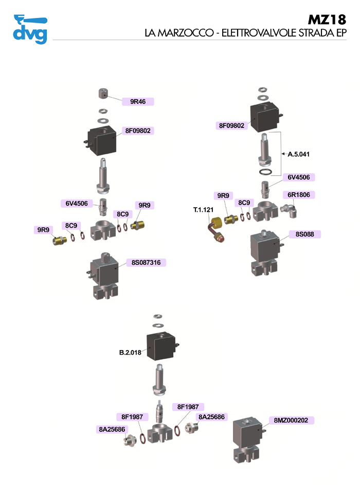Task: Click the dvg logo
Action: (30, 30)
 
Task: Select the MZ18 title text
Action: (327, 20)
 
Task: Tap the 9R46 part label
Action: (138, 101)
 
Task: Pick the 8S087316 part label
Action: (146, 262)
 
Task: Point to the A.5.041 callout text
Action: (299, 154)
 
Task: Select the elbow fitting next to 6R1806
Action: (289, 210)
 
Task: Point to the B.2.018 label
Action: (130, 353)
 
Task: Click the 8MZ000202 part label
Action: (291, 420)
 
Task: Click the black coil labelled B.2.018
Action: (162, 346)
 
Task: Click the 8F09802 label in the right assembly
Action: (231, 125)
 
